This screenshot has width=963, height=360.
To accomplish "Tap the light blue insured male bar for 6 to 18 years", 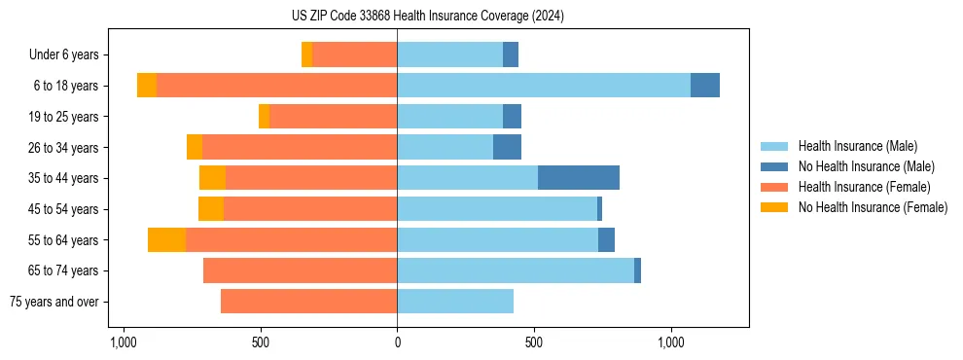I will point(544,86).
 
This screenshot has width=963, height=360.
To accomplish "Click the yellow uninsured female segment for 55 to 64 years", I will point(166,239).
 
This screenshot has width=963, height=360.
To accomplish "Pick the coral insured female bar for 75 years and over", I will point(308,302).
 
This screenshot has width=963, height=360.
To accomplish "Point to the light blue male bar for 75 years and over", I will point(455,302).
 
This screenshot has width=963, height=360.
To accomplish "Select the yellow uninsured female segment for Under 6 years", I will point(307,54).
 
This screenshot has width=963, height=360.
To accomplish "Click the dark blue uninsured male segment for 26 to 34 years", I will point(507,147).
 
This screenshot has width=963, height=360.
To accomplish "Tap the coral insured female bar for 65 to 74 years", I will point(300,270).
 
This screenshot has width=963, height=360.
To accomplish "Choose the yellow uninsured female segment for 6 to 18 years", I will point(147,86).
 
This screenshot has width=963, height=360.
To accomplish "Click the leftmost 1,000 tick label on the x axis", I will point(123,342).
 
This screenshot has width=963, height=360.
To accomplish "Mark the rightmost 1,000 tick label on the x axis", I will point(671,342).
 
